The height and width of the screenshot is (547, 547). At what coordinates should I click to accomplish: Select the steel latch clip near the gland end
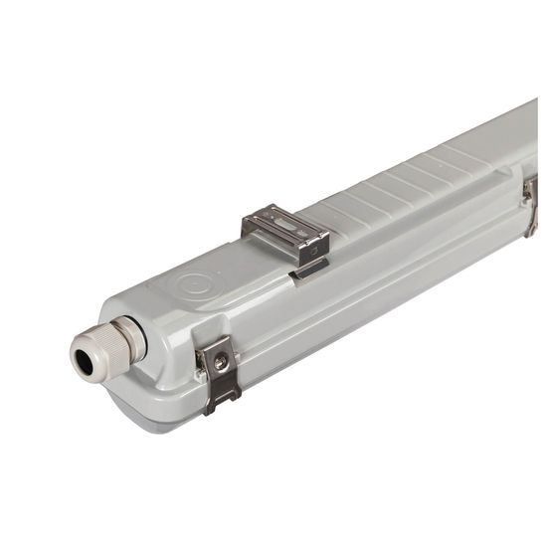coord(220,372)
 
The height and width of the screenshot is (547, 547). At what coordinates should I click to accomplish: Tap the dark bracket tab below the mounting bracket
coord(308,271)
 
